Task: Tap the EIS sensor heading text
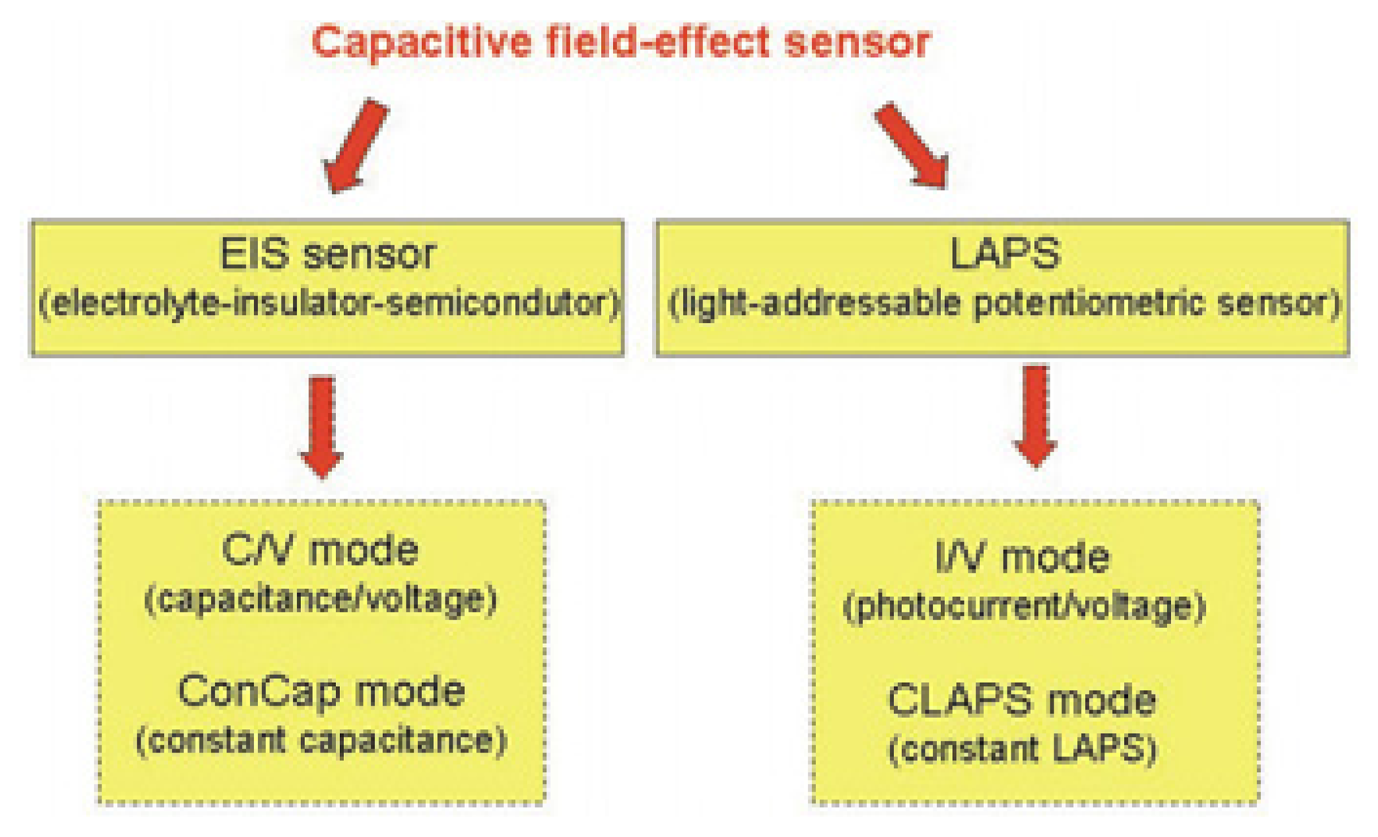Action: (327, 254)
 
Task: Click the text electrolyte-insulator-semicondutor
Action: (328, 304)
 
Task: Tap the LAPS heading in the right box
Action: (1004, 254)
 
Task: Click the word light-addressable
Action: (821, 304)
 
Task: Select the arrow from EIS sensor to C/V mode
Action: (321, 426)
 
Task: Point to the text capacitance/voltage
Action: (320, 600)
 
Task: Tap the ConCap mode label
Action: (321, 692)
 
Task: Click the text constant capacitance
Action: (321, 740)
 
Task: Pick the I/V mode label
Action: (1022, 558)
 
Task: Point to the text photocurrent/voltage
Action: (1024, 607)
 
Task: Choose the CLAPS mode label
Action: (1022, 700)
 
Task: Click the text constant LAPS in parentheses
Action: (1022, 749)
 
